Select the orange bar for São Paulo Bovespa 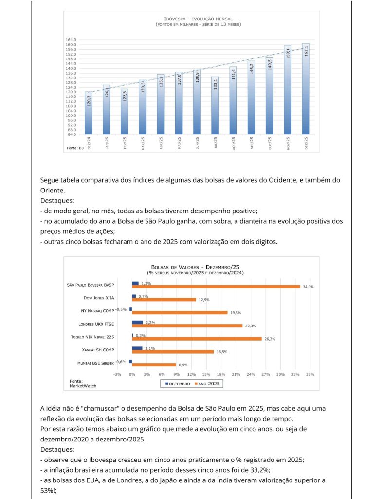[x=216, y=287]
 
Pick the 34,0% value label [x=308, y=287]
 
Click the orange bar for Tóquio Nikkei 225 [x=197, y=339]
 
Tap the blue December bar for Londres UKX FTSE [x=137, y=322]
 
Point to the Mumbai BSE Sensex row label [x=95, y=363]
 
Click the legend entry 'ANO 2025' [x=207, y=384]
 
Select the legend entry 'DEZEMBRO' [x=179, y=384]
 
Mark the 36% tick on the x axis [x=310, y=375]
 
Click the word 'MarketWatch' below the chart [x=83, y=386]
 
